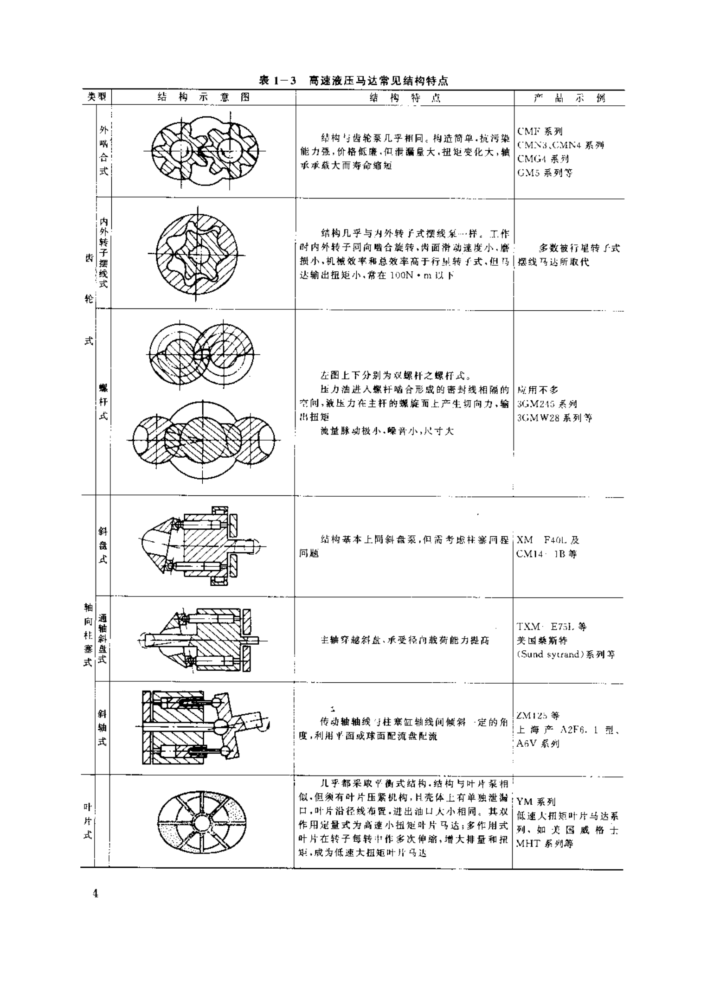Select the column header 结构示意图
click(x=203, y=97)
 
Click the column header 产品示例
click(x=569, y=98)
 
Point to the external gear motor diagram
click(x=205, y=151)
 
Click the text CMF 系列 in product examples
click(x=540, y=131)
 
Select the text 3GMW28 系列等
click(x=554, y=418)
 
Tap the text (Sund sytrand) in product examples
click(x=550, y=654)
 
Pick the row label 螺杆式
click(x=103, y=402)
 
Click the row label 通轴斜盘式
click(x=103, y=639)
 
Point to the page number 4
click(x=96, y=893)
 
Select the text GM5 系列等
click(x=545, y=173)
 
